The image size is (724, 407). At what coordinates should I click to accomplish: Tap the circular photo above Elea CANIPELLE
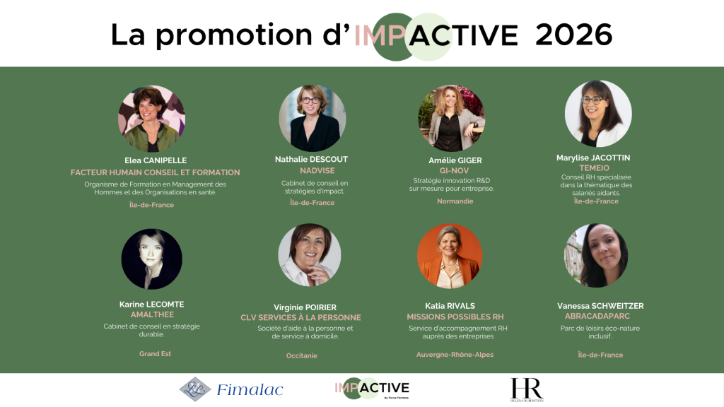(x=151, y=119)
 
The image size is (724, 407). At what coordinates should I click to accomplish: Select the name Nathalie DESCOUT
(x=311, y=160)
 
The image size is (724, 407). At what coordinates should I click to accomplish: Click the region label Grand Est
(x=155, y=353)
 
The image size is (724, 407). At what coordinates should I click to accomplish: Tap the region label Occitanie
(x=302, y=355)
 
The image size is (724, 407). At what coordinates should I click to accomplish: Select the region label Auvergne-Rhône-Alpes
(x=455, y=354)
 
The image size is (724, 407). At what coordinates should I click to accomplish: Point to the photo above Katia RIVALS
(x=449, y=256)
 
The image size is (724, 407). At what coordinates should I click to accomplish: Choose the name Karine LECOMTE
(x=151, y=305)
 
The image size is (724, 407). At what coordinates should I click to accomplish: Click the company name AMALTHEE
(x=152, y=314)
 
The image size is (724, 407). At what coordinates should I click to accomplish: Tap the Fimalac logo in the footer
(x=231, y=389)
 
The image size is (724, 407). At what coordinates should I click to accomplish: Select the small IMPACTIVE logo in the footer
(x=372, y=389)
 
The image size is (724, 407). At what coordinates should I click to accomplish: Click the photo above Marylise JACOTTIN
(x=597, y=113)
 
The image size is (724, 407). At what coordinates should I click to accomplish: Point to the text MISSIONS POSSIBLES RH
(x=455, y=317)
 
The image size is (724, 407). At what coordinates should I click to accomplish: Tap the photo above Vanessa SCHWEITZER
(x=596, y=256)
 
